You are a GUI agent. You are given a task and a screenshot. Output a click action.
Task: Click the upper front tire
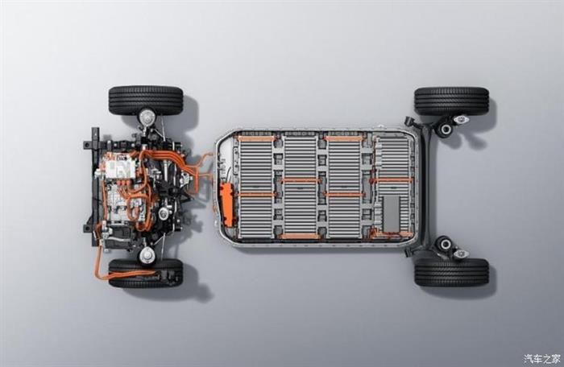(x=146, y=100)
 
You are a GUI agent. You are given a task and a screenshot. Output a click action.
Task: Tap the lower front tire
(x=146, y=273)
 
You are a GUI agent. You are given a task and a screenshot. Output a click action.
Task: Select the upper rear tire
(x=452, y=101)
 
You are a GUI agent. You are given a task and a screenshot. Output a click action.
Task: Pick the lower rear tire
(x=452, y=272)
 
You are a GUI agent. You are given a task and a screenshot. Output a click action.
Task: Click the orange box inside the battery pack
(x=227, y=205)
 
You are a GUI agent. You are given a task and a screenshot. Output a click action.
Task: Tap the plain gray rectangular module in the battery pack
(x=391, y=213)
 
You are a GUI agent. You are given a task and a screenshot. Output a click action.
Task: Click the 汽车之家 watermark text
(x=542, y=358)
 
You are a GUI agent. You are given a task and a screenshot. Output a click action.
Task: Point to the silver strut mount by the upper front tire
(x=147, y=116)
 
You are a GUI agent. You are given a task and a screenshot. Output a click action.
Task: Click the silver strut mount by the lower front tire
(x=147, y=255)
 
